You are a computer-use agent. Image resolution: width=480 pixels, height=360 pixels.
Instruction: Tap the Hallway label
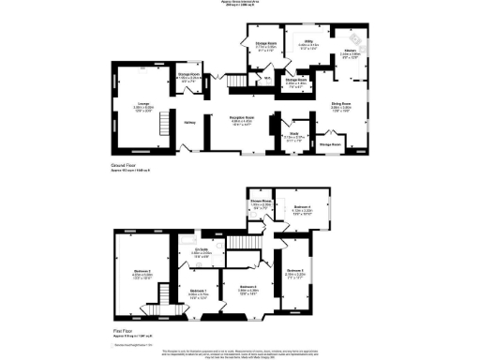pyautogui.click(x=189, y=121)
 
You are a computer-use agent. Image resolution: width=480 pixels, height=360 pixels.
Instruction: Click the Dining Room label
pyautogui.click(x=341, y=104)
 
